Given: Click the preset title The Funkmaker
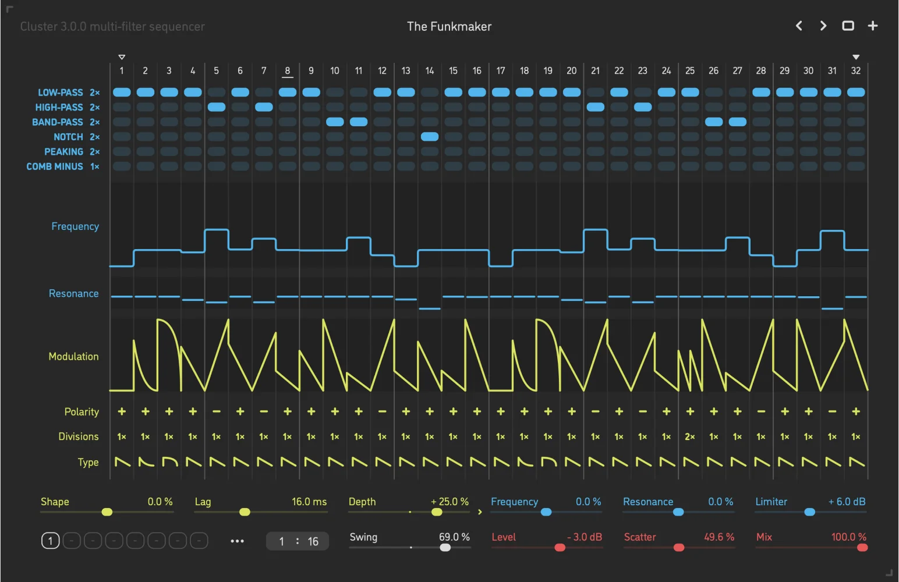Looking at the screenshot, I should [x=449, y=26].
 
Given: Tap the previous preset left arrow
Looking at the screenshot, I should [x=799, y=26].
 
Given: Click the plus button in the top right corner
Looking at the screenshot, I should [x=872, y=26].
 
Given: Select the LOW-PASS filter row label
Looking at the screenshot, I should [x=61, y=93].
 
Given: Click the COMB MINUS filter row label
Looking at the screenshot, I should [x=55, y=166].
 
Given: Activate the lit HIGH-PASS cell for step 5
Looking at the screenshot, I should [x=217, y=107].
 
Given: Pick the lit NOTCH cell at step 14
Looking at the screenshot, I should [x=430, y=137].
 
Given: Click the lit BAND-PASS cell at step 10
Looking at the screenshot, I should [x=335, y=122].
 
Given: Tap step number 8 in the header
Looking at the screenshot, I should [x=287, y=70].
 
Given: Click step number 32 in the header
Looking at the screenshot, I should [x=855, y=70].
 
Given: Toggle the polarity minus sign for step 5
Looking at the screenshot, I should [x=217, y=411].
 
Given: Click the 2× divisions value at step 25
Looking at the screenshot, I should [x=690, y=436].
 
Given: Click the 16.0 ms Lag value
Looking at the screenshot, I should [x=309, y=502].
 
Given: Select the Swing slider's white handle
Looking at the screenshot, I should [x=445, y=547].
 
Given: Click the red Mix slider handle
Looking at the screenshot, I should [x=862, y=547].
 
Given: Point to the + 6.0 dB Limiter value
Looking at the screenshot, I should [x=847, y=502].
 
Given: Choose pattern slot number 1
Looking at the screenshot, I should [x=50, y=541].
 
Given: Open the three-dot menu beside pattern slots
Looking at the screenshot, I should [x=237, y=541].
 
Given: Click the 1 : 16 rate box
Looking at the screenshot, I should [x=298, y=541].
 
